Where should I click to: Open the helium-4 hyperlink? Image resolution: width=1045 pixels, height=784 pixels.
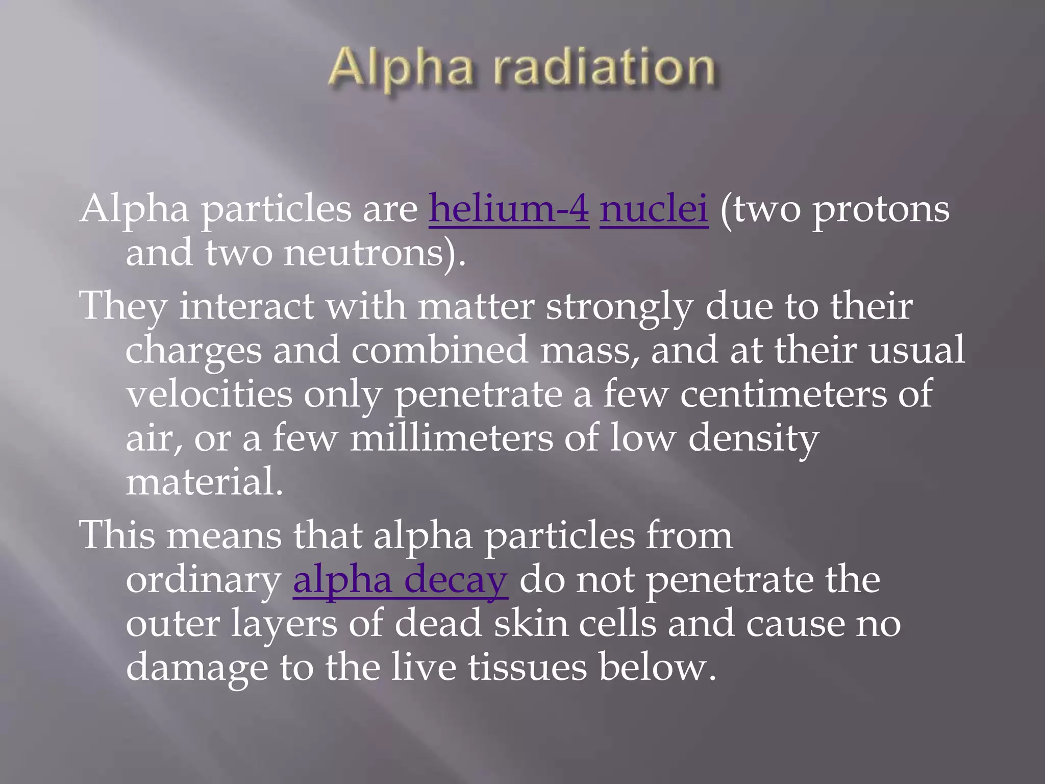[x=509, y=209]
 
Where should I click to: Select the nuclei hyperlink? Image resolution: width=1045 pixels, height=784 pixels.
[x=654, y=209]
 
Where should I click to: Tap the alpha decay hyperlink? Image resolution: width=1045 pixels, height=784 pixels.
[x=400, y=581]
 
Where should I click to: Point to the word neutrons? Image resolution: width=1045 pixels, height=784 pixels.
[x=363, y=254]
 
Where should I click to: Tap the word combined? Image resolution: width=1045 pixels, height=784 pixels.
[x=440, y=351]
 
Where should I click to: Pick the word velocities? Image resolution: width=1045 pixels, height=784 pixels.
[x=209, y=395]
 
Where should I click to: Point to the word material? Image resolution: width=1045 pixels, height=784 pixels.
[x=204, y=482]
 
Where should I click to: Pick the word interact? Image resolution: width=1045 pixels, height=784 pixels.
[x=246, y=307]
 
